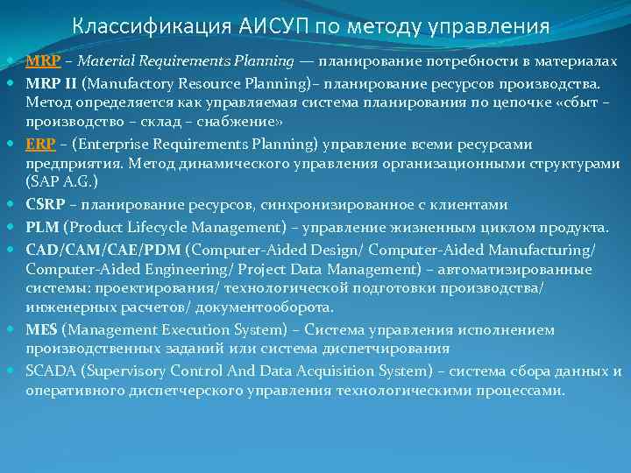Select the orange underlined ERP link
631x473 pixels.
click(40, 145)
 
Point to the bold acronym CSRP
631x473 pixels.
click(46, 205)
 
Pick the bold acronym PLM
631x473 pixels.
click(41, 227)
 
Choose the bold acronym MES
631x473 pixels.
click(41, 330)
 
